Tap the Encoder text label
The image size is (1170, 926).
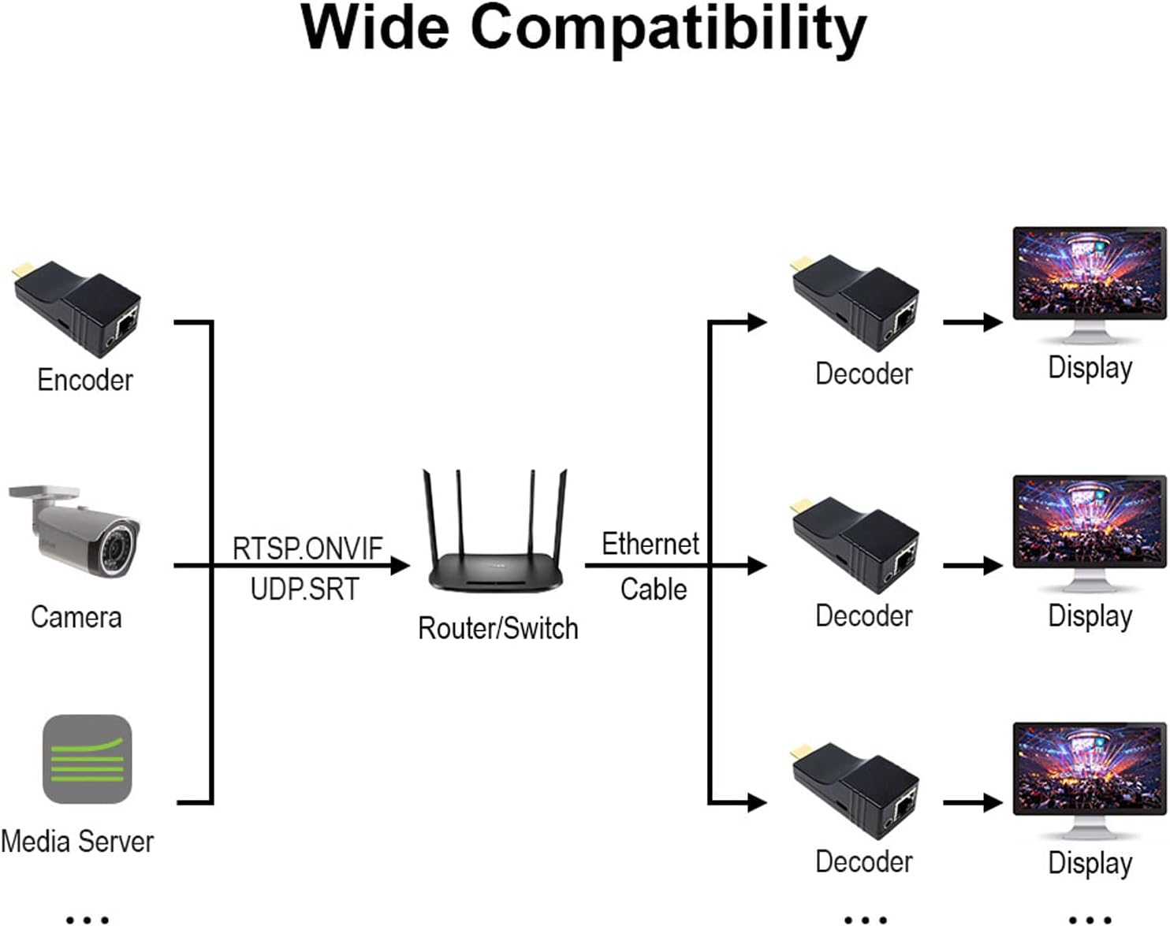coord(85,380)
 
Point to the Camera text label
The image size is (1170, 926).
coord(76,616)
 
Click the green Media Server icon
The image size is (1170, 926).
coord(87,759)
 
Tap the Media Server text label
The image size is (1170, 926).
coord(77,841)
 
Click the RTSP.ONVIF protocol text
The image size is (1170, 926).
coord(307,548)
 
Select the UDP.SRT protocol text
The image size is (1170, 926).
coord(304,589)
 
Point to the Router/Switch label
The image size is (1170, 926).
coord(497,628)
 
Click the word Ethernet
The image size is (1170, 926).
coord(650,543)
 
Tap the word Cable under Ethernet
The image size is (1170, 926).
coord(653,589)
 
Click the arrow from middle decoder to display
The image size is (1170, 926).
coord(973,565)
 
